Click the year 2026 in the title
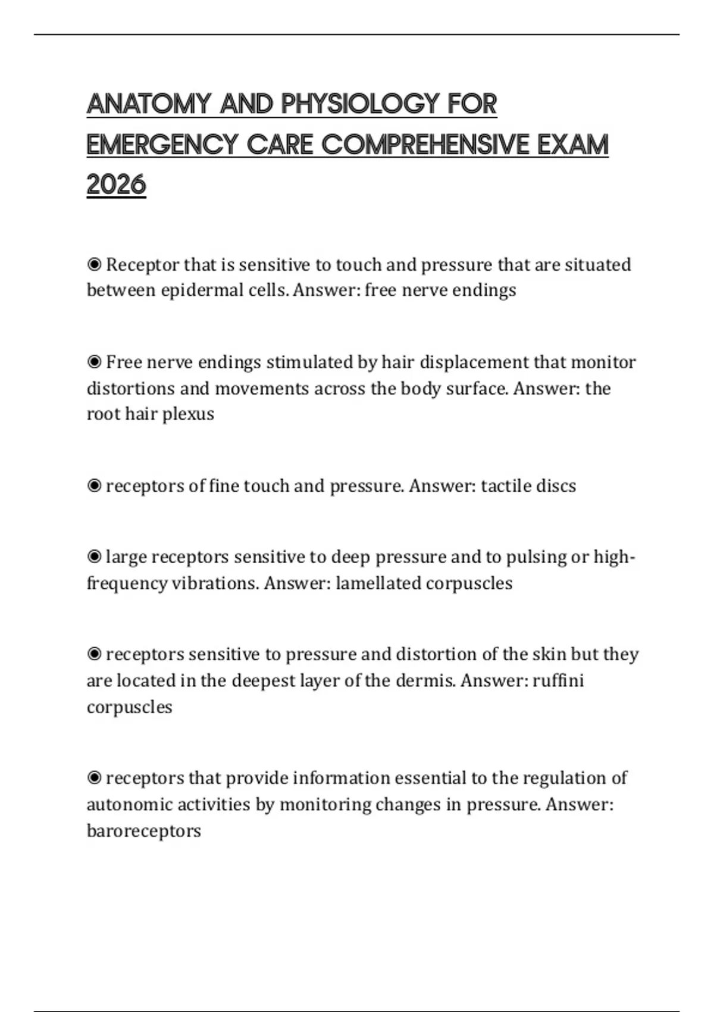pos(116,185)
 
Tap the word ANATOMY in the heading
pos(149,104)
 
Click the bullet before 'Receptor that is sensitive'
pos(94,264)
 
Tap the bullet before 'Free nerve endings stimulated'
pos(94,362)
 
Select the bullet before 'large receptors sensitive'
pos(94,557)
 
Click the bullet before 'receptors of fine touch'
pos(94,486)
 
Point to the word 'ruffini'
pos(558,680)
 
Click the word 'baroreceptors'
pos(144,830)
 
